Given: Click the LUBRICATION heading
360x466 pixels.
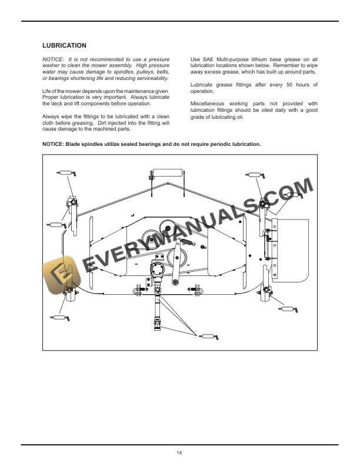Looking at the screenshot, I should tap(65, 45).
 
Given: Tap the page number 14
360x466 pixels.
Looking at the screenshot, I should tap(179, 452).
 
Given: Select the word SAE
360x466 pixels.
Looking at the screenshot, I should tap(212, 60).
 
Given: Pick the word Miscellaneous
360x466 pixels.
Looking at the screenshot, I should tap(209, 104).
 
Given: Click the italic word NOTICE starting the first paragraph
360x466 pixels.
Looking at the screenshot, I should tap(53, 60).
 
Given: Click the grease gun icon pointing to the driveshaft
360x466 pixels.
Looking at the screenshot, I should tap(208, 337).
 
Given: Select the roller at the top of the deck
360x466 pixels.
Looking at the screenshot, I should tap(167, 175).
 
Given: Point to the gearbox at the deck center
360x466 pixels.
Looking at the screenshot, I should tap(158, 270).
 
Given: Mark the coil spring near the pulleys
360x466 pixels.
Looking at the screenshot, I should tap(185, 242).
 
